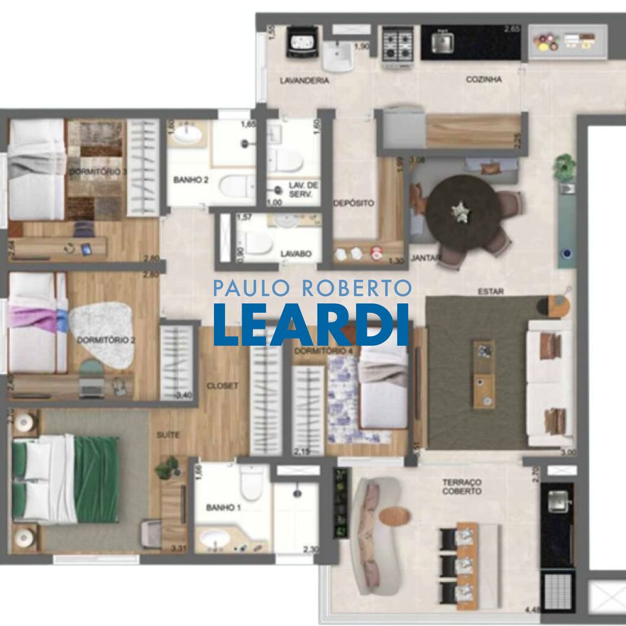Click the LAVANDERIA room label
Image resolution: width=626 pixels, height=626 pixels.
tap(304, 81)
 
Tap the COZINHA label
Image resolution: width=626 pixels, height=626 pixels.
tap(484, 79)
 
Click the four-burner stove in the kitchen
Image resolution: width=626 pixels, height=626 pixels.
tap(397, 43)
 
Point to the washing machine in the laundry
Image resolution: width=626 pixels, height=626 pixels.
tap(302, 42)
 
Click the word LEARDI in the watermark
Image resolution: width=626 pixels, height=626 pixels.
tap(311, 324)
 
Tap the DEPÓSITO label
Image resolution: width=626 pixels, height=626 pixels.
tap(354, 203)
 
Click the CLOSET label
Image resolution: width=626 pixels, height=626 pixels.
tap(223, 386)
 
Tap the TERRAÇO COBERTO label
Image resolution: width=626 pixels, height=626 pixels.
tap(462, 487)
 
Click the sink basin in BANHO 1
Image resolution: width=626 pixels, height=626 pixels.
tap(215, 538)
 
